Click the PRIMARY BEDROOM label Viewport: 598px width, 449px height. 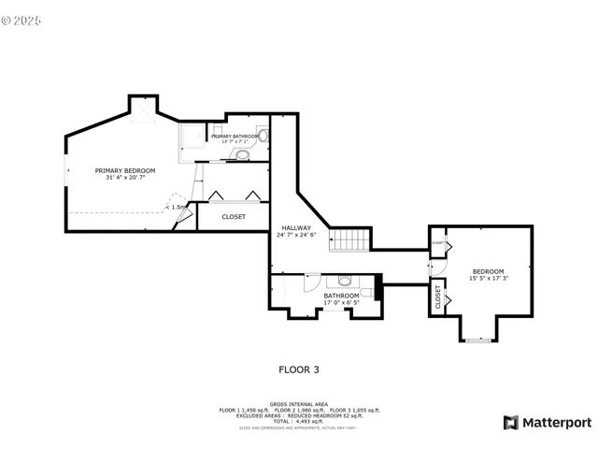coord(125,170)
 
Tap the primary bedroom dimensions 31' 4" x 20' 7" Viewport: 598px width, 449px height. coord(125,178)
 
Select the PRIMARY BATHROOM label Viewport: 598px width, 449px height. coord(234,137)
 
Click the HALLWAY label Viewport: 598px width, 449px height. coord(290,227)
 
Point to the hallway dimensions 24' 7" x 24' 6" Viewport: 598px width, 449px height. coord(290,235)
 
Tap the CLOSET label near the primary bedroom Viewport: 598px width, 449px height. coord(234,217)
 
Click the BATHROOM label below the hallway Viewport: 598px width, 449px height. coord(341,296)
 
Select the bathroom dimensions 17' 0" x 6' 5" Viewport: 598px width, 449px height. coord(341,303)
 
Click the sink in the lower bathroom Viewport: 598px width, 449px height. coord(344,281)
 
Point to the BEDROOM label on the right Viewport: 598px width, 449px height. coord(488,271)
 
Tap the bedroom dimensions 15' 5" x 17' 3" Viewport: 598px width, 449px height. coord(488,279)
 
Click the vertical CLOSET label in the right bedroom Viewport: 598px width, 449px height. coord(437,297)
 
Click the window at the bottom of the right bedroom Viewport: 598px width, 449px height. coord(477,340)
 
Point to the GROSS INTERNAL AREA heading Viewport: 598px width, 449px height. coord(299,404)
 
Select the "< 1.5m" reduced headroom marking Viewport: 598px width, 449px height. coord(177,208)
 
